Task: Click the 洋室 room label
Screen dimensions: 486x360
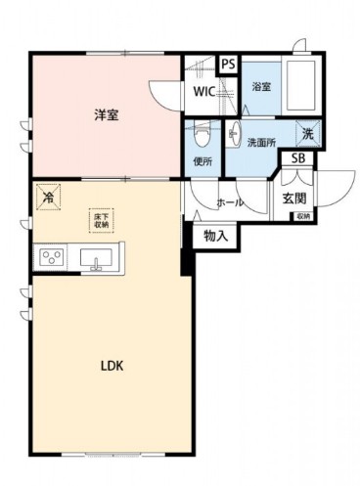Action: pos(106,115)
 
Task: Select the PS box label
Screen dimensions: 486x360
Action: pos(228,65)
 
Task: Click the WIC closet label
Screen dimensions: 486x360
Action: pos(203,93)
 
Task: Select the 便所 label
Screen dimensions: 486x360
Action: pos(203,160)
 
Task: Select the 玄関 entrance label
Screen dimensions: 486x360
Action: pos(295,198)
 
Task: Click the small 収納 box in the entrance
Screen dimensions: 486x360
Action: pos(302,216)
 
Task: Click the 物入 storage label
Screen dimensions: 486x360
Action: pos(215,235)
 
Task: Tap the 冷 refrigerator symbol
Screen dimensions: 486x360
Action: pos(49,197)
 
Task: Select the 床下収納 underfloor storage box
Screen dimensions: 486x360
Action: pos(101,220)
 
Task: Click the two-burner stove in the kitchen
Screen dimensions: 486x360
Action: pos(50,257)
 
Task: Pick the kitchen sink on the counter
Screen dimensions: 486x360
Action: pos(97,258)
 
